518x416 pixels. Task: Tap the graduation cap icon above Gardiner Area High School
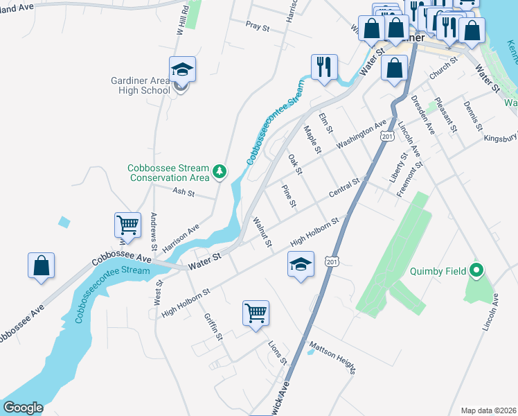pyautogui.click(x=182, y=70)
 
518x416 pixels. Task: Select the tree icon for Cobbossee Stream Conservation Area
pyautogui.click(x=220, y=171)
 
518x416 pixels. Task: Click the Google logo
pyautogui.click(x=23, y=408)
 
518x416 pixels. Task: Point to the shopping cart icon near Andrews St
pyautogui.click(x=127, y=225)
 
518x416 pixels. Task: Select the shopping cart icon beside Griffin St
pyautogui.click(x=256, y=313)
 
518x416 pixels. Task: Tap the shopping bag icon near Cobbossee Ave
pyautogui.click(x=41, y=266)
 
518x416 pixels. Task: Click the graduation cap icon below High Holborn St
pyautogui.click(x=300, y=265)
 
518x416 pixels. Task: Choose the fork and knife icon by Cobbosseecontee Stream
pyautogui.click(x=324, y=67)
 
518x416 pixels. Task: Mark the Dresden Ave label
pyautogui.click(x=424, y=114)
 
